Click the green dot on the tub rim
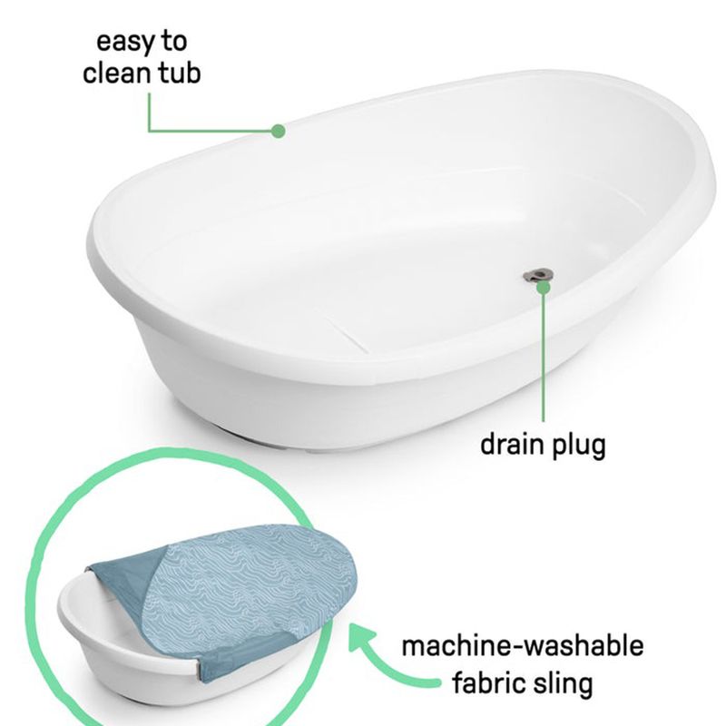[278, 131]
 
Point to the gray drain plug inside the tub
[537, 275]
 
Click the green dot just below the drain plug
[544, 288]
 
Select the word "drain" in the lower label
[512, 445]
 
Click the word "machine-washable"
[523, 646]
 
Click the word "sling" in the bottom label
[562, 685]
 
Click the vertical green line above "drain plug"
[544, 357]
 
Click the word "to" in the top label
[174, 42]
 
